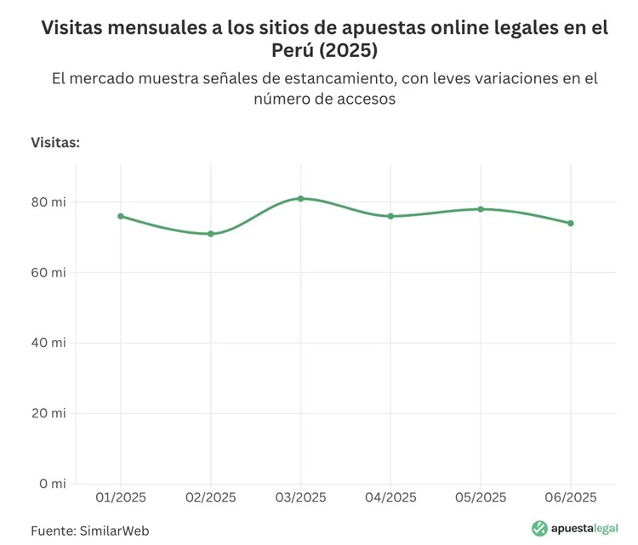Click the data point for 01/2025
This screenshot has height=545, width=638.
tap(121, 216)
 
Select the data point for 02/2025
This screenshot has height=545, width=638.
tap(210, 234)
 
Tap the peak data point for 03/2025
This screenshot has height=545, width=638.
tap(300, 198)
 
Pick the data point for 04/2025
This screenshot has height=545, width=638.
tap(390, 216)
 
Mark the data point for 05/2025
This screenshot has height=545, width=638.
tap(481, 209)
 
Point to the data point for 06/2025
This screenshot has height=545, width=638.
tap(571, 224)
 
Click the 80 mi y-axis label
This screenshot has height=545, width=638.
tap(48, 202)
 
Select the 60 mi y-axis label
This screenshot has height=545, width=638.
tap(48, 273)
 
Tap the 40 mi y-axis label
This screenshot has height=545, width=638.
tap(48, 343)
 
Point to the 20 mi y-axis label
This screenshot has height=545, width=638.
tap(48, 413)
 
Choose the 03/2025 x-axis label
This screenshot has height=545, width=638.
tap(300, 497)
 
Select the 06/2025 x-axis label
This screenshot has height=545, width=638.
tap(571, 497)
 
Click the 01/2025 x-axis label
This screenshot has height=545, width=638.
tap(121, 497)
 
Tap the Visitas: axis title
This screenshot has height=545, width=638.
tap(55, 142)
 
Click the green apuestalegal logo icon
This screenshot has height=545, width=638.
tap(538, 528)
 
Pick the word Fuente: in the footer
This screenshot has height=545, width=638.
tap(53, 530)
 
